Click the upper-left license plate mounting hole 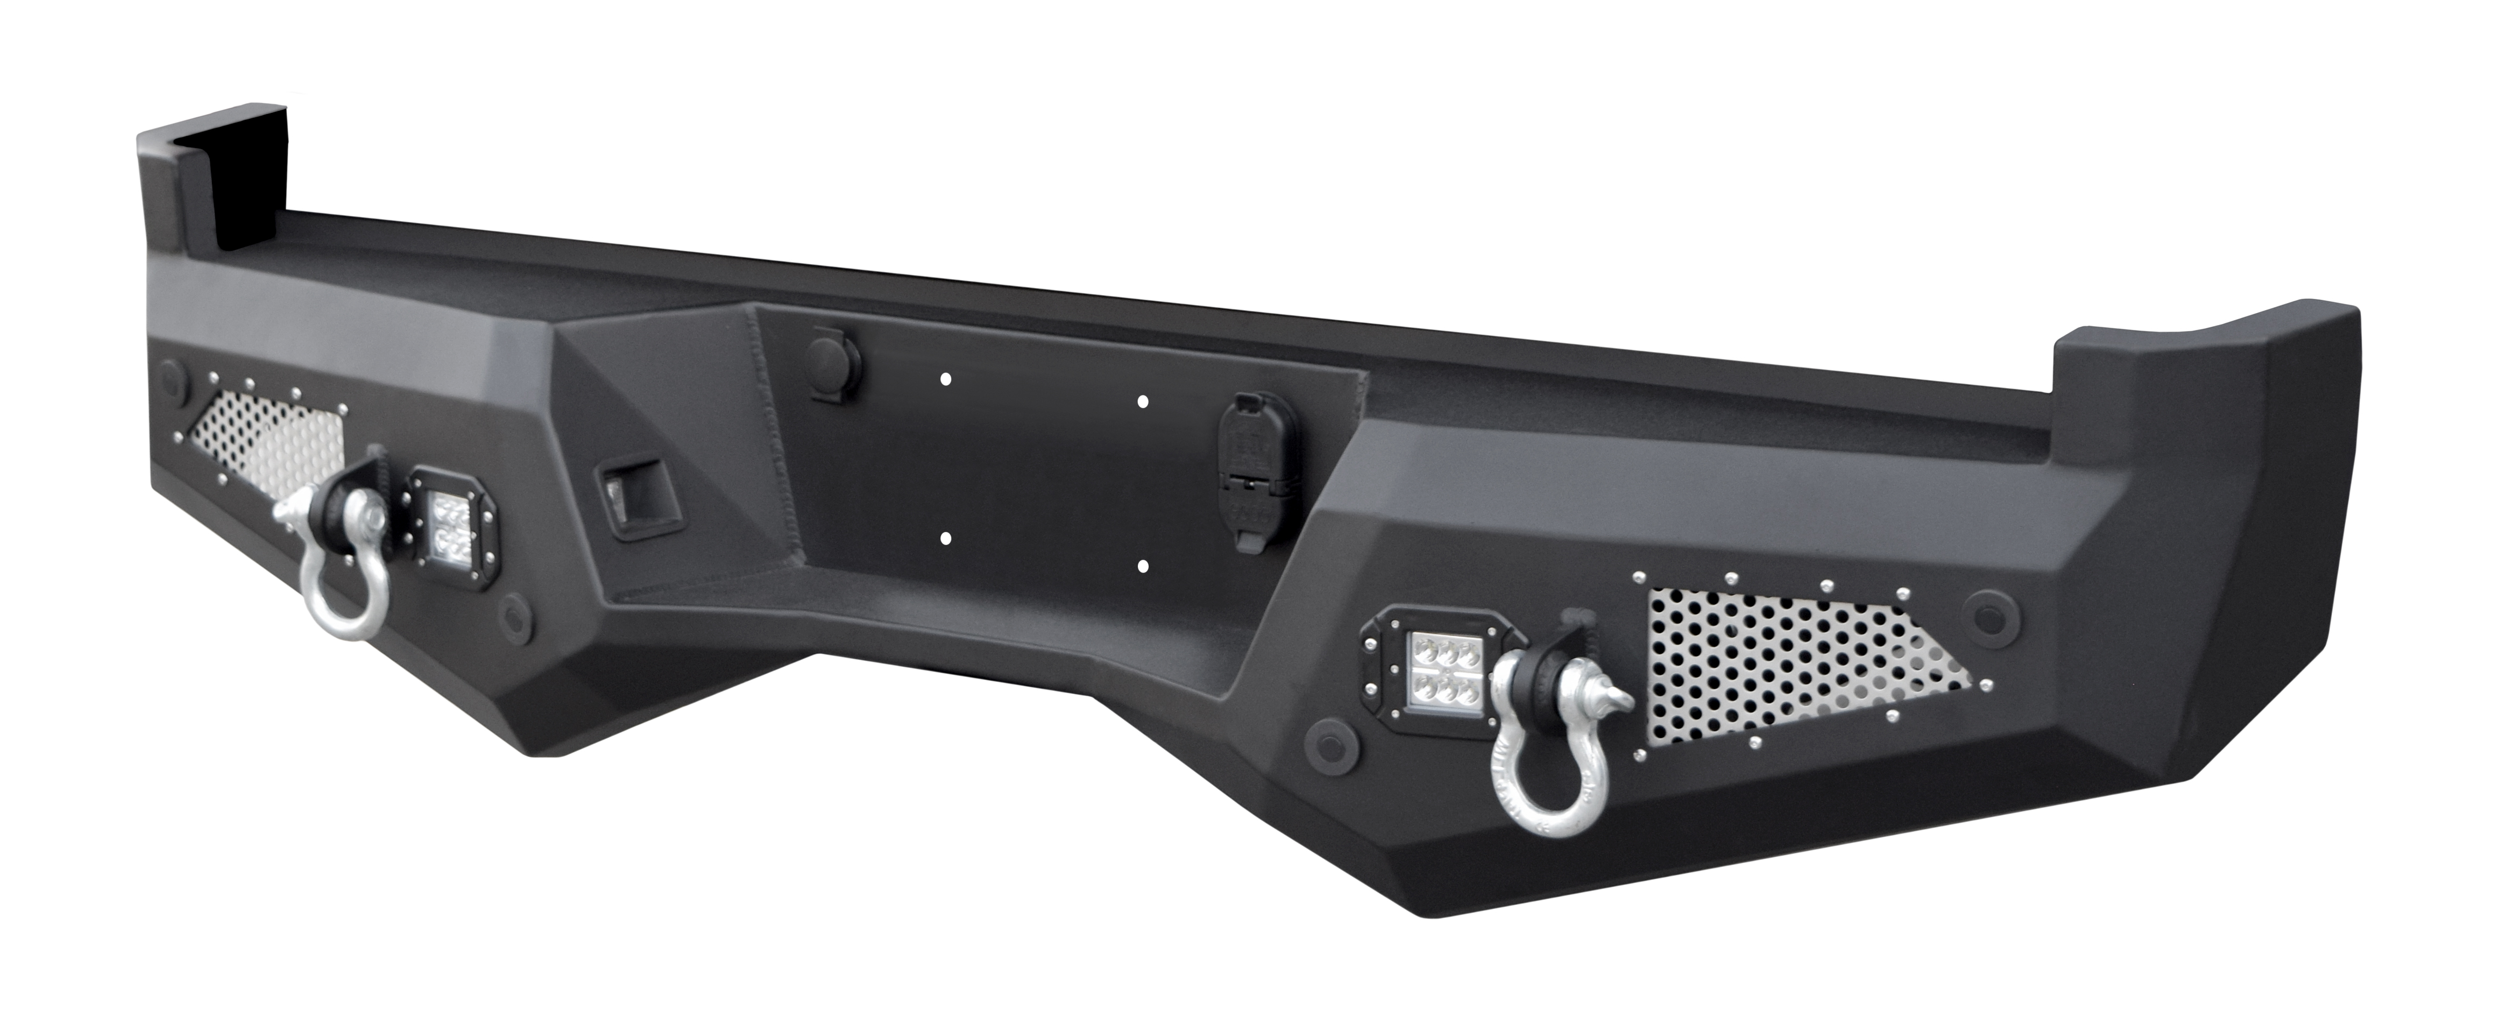[x=946, y=379]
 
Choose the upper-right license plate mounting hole [x=1143, y=400]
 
